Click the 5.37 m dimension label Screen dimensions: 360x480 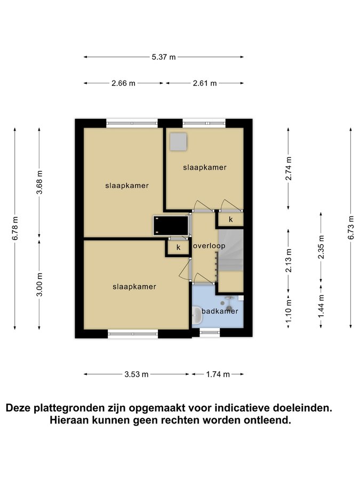164,57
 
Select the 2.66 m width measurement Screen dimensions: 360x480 123,83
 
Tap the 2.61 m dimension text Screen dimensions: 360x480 205,83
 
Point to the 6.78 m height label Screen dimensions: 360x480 15,228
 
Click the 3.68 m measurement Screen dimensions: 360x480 39,182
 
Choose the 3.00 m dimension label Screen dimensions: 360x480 39,284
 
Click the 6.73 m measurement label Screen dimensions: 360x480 351,228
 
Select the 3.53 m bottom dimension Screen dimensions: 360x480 137,374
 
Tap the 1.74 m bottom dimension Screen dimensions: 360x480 218,374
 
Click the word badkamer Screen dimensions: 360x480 220,311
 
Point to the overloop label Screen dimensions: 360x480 210,246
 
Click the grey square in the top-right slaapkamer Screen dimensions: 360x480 179,142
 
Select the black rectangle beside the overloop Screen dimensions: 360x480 171,226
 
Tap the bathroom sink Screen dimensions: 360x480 197,316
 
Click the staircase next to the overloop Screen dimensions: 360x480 230,251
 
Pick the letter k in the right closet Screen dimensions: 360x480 231,220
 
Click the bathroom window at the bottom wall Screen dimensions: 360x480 210,332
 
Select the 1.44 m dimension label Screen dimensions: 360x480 321,306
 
